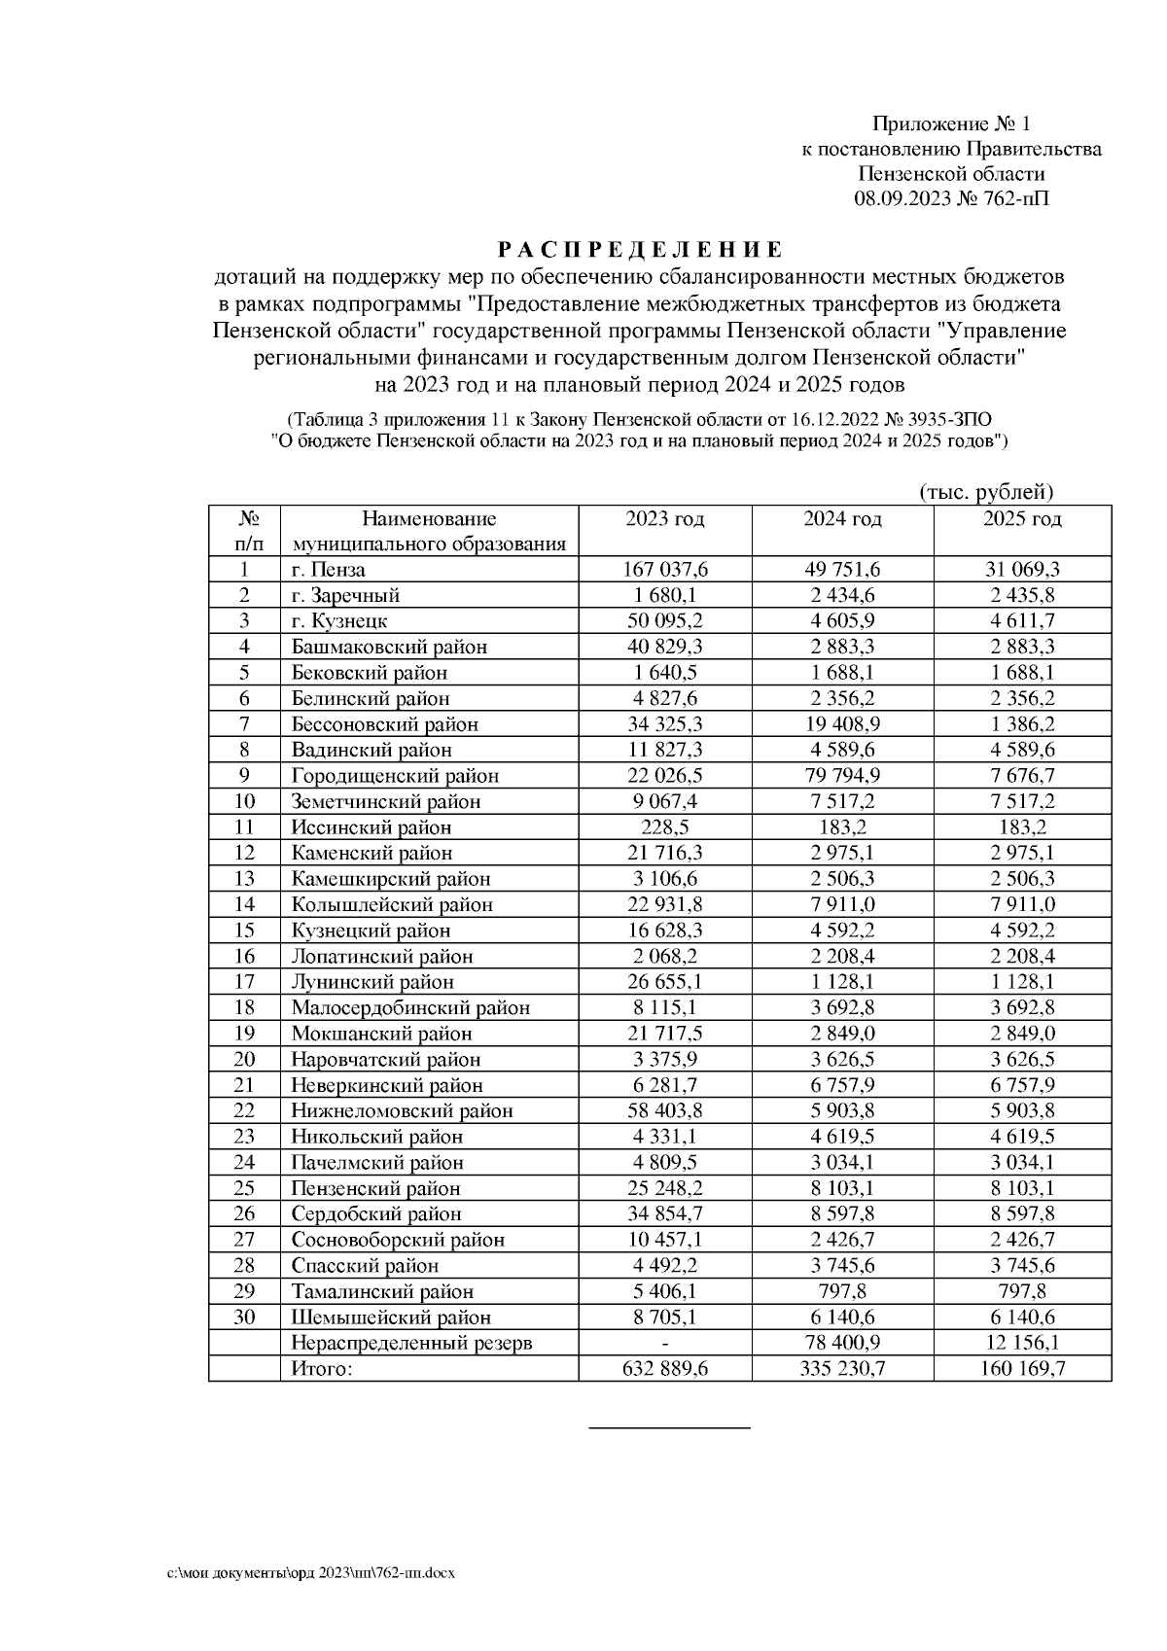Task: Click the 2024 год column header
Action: [842, 519]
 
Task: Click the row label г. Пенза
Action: [329, 570]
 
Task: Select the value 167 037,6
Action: [665, 570]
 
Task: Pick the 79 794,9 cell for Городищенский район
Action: [842, 776]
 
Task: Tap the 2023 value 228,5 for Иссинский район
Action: [665, 827]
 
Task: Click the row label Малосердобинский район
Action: [410, 1008]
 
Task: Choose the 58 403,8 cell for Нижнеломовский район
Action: [665, 1111]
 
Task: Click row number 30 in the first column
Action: [244, 1317]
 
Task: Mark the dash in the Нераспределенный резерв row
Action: [665, 1344]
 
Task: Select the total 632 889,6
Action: [665, 1369]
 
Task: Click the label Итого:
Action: [321, 1369]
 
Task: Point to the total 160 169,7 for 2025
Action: [1022, 1369]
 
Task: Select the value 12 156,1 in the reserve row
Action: [1022, 1344]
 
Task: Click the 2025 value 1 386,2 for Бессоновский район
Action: [1022, 724]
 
